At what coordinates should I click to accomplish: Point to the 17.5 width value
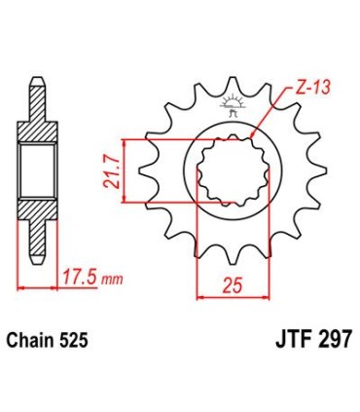[83, 279]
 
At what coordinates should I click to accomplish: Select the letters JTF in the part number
[286, 342]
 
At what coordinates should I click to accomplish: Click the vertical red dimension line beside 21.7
[124, 171]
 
